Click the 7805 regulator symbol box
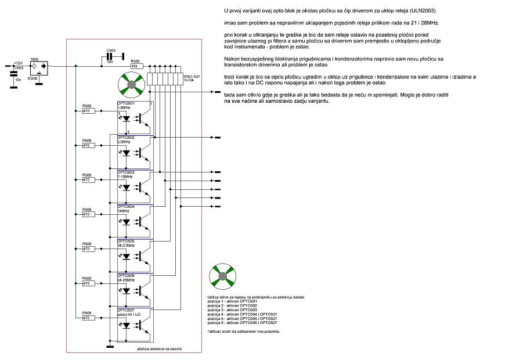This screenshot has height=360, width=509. [39, 67]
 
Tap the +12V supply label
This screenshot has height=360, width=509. [17, 63]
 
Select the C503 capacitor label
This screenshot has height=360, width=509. [19, 67]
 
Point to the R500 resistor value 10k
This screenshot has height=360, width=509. [135, 66]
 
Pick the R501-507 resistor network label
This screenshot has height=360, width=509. [193, 76]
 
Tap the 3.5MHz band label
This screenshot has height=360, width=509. [124, 141]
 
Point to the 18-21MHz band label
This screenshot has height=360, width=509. [127, 245]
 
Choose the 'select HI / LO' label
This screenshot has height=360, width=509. [129, 314]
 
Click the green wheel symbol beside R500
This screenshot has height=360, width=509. [131, 85]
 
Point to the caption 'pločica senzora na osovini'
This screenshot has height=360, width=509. [160, 348]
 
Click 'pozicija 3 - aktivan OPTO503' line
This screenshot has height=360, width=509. [237, 308]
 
